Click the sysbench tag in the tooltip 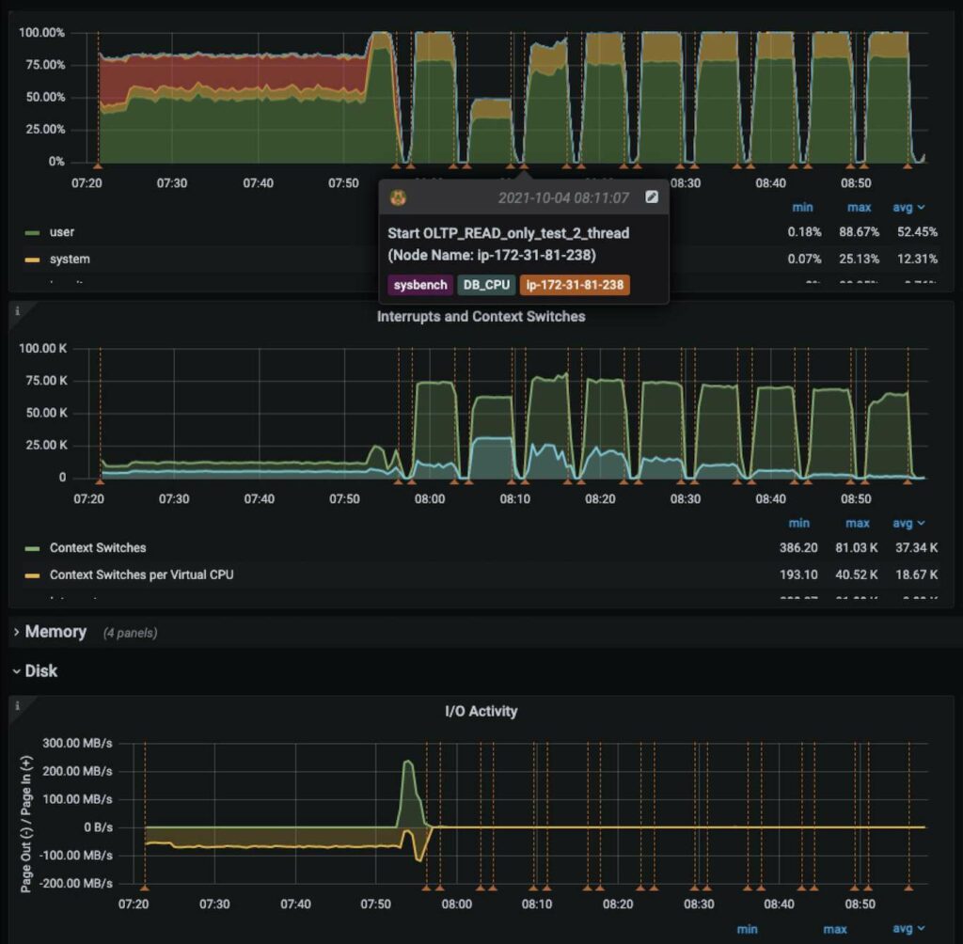pos(419,284)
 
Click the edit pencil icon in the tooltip pos(652,197)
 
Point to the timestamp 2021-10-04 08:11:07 pos(563,197)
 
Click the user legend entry pos(61,231)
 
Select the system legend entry pos(69,259)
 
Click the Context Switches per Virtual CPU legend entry pos(140,574)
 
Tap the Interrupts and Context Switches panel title pos(481,316)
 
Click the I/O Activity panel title pos(481,711)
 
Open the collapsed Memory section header pos(55,632)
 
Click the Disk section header pos(40,671)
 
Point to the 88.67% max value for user pos(857,231)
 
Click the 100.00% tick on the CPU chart pos(41,32)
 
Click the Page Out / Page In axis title pos(27,813)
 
